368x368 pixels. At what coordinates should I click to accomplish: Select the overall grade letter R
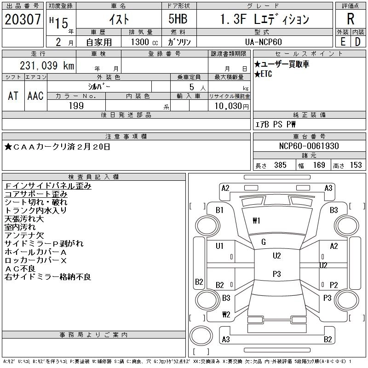pos(351,19)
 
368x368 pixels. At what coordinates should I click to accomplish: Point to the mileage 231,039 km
pos(46,66)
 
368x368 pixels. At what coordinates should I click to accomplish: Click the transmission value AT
pos(13,96)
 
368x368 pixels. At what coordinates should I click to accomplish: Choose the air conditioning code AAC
pos(35,96)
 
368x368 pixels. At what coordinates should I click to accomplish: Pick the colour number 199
pos(76,106)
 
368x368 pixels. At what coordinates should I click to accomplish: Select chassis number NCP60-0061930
pos(309,146)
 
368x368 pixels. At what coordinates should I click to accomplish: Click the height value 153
pos(356,165)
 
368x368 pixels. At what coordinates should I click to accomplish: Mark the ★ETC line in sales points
pos(263,74)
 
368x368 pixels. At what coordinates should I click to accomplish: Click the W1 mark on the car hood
pos(256,221)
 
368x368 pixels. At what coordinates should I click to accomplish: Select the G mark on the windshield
pos(263,242)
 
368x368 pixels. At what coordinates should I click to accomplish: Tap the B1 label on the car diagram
pos(219,210)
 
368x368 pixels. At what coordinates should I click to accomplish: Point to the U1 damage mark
pos(219,246)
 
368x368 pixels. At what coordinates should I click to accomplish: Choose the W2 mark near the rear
pos(226,315)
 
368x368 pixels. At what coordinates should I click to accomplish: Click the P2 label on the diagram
pos(334,285)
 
